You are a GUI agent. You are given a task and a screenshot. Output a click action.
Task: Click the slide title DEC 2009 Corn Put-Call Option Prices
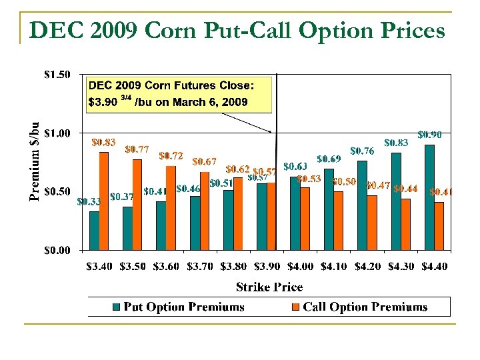click(237, 30)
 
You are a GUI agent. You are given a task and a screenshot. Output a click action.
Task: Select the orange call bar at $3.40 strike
click(103, 201)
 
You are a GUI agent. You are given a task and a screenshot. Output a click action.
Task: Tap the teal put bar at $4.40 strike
click(429, 197)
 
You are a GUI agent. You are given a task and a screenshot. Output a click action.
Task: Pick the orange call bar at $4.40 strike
click(439, 226)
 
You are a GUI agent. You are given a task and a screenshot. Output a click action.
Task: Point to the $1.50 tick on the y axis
click(57, 75)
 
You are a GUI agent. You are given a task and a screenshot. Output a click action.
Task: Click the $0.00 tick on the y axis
click(57, 251)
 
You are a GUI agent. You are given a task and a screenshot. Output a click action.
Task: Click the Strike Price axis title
click(269, 287)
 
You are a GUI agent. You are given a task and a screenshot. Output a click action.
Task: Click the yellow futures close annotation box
click(179, 94)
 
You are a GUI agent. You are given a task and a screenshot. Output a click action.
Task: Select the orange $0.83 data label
click(103, 142)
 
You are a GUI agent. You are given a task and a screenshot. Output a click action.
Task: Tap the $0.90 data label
click(430, 135)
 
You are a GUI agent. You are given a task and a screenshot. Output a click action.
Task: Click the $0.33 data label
click(89, 201)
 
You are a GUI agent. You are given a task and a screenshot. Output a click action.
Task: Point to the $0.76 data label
click(362, 151)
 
